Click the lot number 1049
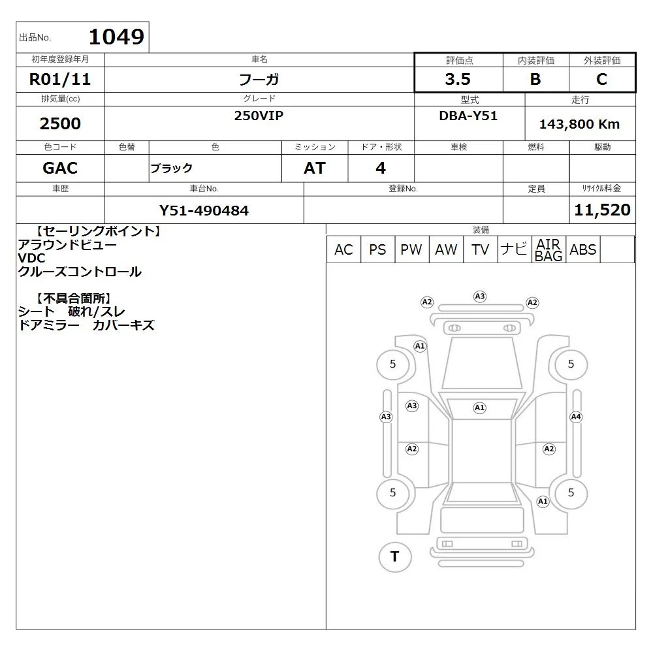tap(117, 37)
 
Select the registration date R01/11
tap(60, 79)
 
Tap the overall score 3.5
tap(458, 79)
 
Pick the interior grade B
tap(535, 79)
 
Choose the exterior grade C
tap(601, 79)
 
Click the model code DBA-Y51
tap(468, 116)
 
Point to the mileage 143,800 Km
tap(579, 124)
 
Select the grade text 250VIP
tap(259, 116)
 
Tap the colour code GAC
tap(60, 168)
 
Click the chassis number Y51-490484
tap(204, 211)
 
